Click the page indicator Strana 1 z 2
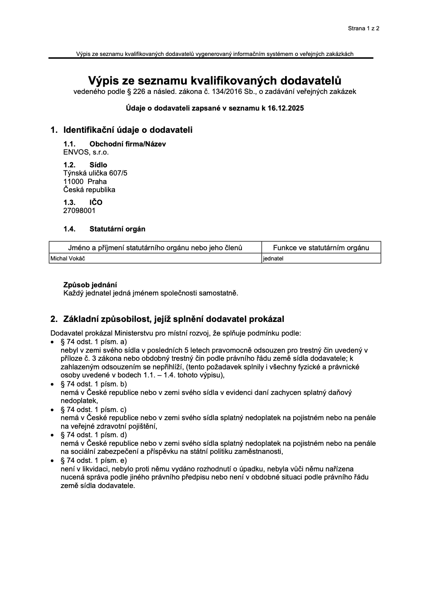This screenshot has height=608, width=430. (363, 29)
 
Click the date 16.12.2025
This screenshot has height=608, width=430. (286, 108)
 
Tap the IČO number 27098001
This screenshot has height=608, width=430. (80, 210)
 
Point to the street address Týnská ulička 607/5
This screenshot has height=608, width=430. (95, 173)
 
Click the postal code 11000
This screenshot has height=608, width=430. (73, 181)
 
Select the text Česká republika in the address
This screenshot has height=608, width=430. (89, 190)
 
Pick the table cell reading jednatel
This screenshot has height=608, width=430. (273, 258)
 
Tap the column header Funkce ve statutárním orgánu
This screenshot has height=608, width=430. (321, 248)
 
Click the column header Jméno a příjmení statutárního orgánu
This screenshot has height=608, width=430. (155, 248)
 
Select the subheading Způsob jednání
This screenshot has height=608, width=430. (90, 285)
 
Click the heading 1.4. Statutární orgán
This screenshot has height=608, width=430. (104, 229)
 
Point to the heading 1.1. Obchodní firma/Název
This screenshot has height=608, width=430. (115, 144)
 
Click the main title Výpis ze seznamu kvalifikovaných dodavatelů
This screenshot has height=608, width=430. (215, 80)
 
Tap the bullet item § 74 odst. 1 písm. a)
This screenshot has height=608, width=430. (94, 342)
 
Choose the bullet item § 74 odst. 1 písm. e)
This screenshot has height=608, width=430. (94, 460)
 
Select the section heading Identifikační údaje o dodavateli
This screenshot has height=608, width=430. (128, 130)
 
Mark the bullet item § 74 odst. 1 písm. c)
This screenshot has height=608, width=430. (94, 409)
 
